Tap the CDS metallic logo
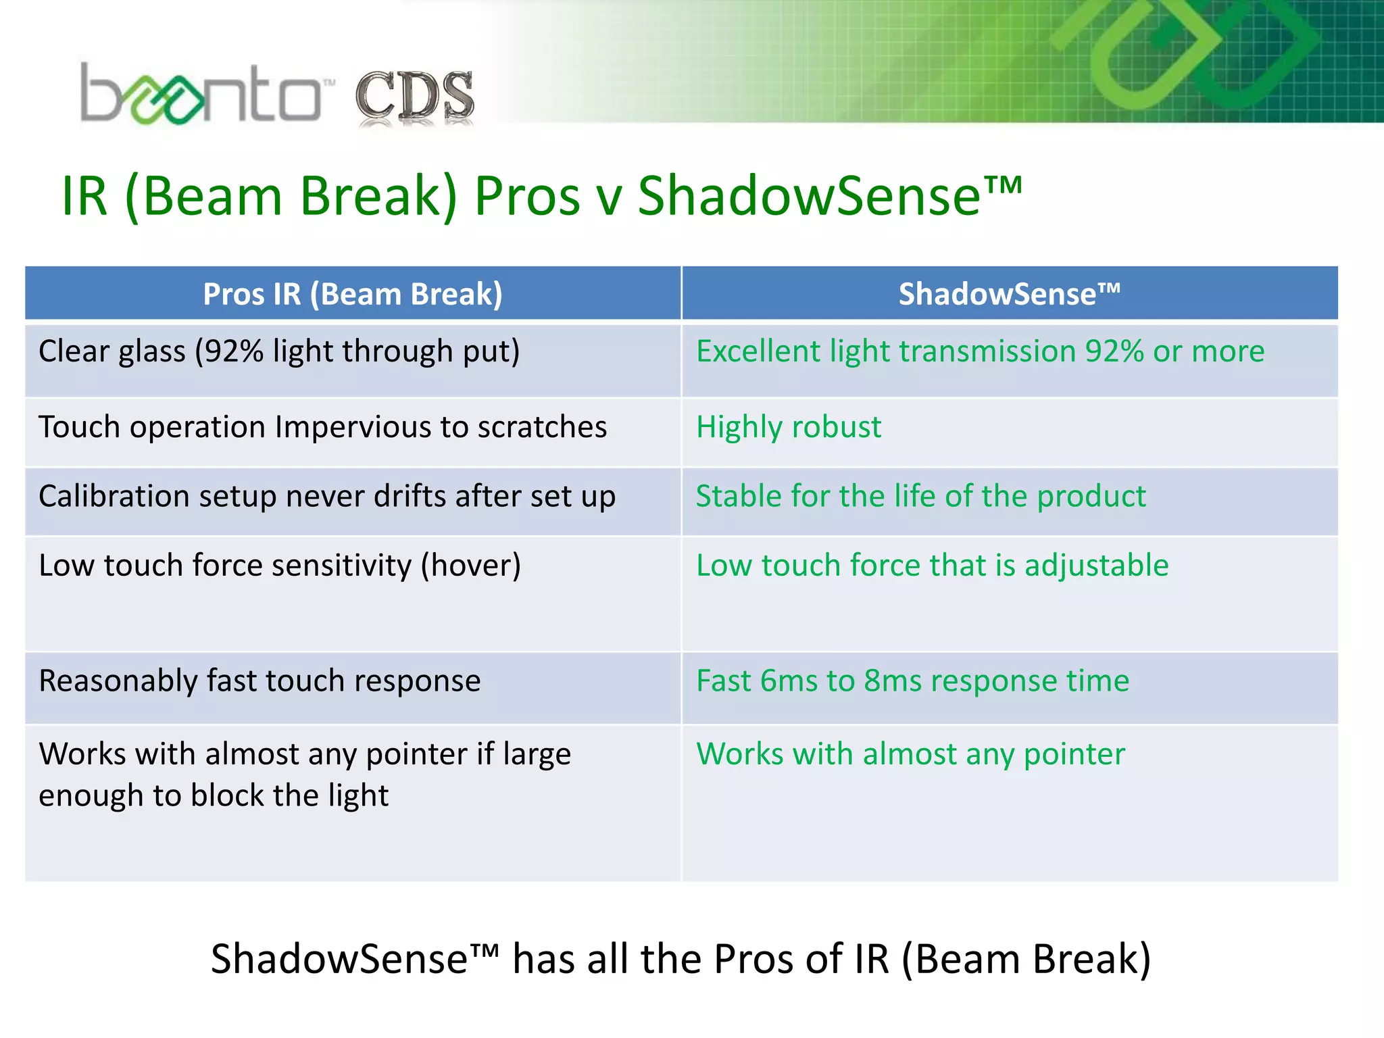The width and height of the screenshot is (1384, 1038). (414, 98)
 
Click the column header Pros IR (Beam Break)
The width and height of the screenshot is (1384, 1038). (353, 294)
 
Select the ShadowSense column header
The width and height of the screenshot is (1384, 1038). (1009, 294)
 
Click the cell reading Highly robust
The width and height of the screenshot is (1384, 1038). (789, 427)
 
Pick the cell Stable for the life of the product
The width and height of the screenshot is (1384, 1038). (920, 496)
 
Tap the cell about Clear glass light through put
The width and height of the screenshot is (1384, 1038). (279, 352)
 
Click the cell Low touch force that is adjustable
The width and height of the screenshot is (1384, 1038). (932, 566)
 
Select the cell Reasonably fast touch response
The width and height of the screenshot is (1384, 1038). (259, 681)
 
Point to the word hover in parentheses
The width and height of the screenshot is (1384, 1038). (471, 566)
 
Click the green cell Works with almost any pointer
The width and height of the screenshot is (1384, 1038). (910, 754)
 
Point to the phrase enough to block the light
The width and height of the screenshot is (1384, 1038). (214, 796)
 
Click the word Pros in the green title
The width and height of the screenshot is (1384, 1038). (527, 197)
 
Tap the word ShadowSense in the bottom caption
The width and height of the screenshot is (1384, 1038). (339, 959)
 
